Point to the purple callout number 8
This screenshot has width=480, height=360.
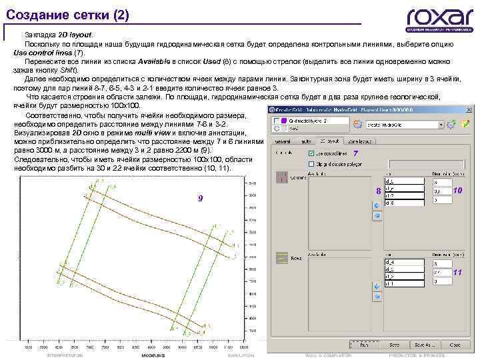(x=378, y=191)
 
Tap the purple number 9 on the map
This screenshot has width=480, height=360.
(x=199, y=199)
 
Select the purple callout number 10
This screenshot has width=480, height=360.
(x=457, y=191)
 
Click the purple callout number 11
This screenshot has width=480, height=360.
(x=457, y=273)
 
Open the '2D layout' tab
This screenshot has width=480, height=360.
(x=330, y=141)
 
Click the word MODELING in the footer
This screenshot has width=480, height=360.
(x=158, y=355)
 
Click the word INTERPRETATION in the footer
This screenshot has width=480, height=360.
(x=65, y=355)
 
